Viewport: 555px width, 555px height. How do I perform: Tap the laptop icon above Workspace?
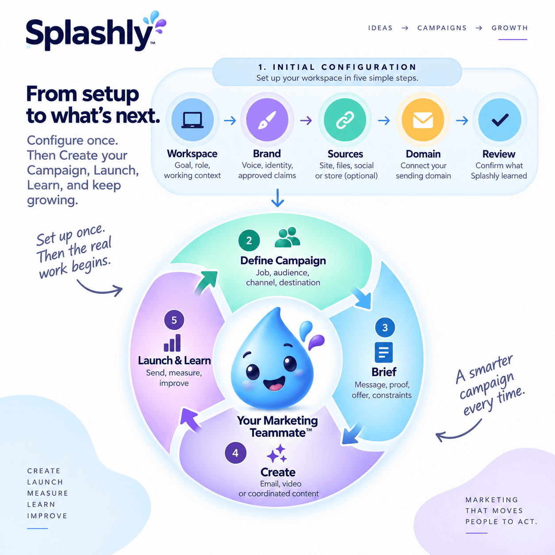point(193,120)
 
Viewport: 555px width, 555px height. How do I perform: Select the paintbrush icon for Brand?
point(267,120)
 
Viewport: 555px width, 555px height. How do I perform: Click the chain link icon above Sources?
point(345,120)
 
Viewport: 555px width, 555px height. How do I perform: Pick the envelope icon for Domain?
point(423,120)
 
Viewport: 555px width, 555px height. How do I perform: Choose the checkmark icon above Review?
point(500,120)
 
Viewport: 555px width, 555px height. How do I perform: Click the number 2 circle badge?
point(249,240)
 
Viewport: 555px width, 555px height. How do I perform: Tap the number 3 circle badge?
point(385,328)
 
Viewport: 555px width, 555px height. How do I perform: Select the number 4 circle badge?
point(235,453)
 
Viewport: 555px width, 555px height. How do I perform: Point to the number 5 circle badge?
point(174,320)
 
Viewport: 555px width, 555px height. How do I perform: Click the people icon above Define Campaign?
point(287,237)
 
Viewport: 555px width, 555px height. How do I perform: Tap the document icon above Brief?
point(384,352)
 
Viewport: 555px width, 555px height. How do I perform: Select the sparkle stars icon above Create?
point(277,453)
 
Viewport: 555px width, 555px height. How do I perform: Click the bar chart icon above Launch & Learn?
point(172,343)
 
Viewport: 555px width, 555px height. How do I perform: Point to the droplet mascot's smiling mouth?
point(274,383)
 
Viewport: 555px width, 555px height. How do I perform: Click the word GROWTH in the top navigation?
point(509,28)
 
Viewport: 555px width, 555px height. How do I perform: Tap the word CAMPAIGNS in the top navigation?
point(442,28)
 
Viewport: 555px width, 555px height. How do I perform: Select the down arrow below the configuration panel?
point(277,198)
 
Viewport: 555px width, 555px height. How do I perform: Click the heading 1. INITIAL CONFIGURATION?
point(337,67)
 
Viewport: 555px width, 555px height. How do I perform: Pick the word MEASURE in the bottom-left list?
point(47,493)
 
